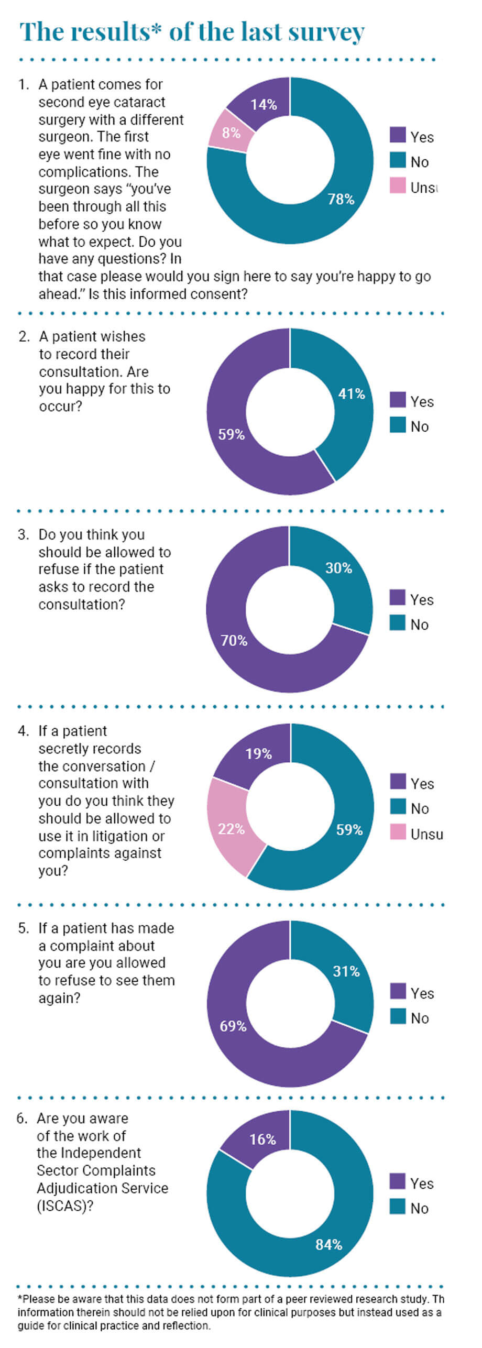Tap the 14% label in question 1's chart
[x=264, y=105]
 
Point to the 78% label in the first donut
[x=341, y=200]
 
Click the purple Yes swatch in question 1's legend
[x=398, y=135]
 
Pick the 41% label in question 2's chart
[x=352, y=394]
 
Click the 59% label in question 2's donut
[x=232, y=434]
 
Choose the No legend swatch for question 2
[x=398, y=425]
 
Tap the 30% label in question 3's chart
[x=338, y=568]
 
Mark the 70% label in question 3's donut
[x=234, y=640]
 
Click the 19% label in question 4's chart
[x=258, y=754]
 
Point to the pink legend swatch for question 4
[x=398, y=831]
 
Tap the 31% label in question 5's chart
[x=346, y=971]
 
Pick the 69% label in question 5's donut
[x=233, y=1026]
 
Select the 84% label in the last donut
[x=329, y=1245]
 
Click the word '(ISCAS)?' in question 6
[x=61, y=1205]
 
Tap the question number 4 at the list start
[x=23, y=731]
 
